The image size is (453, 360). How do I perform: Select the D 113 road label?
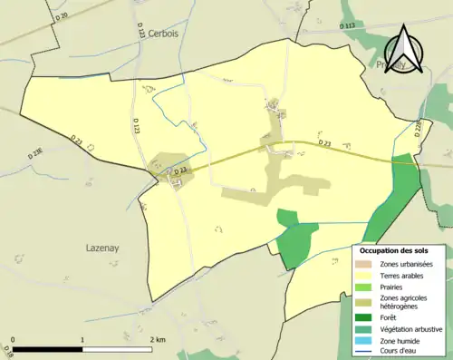(x=349, y=26)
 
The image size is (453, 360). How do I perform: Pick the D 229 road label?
(x=418, y=131)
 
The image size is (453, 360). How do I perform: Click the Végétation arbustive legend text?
(x=412, y=330)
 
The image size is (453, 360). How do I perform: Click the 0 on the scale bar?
(x=13, y=339)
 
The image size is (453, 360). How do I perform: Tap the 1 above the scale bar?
(x=82, y=339)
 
